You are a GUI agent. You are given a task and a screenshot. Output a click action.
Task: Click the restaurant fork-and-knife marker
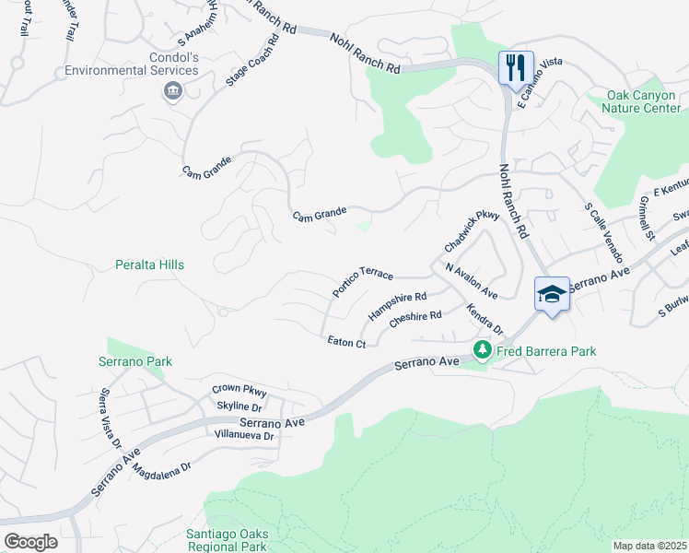515,66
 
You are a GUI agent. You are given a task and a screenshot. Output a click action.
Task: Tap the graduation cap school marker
552,294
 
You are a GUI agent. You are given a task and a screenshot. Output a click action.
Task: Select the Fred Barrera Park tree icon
482,349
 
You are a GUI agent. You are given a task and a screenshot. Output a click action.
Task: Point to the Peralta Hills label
149,265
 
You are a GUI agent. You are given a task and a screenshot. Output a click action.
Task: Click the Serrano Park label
135,361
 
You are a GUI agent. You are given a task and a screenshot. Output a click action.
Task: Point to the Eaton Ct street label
347,342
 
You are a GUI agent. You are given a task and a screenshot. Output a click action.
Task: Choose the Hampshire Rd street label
397,305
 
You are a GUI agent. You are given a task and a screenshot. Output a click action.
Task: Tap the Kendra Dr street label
485,319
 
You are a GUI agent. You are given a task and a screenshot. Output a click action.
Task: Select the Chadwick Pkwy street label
471,231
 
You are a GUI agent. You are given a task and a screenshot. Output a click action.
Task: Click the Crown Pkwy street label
239,389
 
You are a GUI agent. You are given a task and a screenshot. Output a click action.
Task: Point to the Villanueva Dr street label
243,434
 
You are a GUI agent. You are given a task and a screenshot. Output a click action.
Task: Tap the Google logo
30,541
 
